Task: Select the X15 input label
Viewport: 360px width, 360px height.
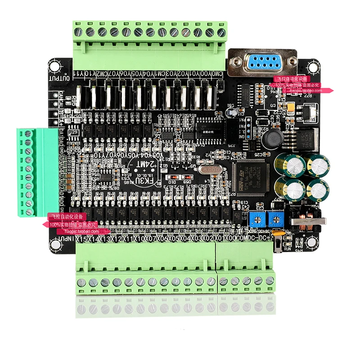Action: click(81, 238)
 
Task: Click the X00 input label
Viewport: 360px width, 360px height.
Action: click(230, 238)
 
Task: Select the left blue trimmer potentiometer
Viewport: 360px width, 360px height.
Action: click(255, 219)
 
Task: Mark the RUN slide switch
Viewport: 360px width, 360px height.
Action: click(279, 245)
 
